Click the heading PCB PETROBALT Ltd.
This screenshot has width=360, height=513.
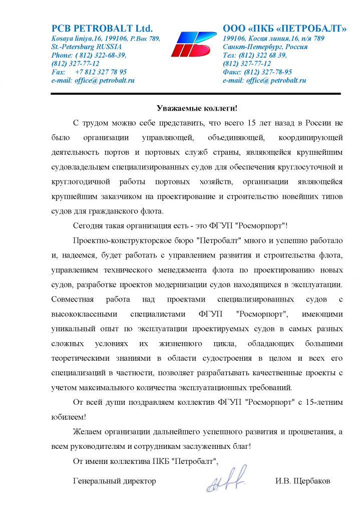[x=102, y=28]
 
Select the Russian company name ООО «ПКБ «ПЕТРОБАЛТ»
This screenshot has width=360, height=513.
[x=284, y=28]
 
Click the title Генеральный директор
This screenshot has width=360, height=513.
[x=114, y=481]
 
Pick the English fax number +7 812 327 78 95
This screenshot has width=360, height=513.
[x=101, y=72]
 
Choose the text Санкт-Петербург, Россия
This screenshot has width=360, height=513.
[x=265, y=47]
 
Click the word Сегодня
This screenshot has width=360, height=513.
[x=87, y=225]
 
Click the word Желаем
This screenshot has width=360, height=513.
[x=87, y=431]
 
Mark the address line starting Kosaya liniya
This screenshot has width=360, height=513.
[x=106, y=39]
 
